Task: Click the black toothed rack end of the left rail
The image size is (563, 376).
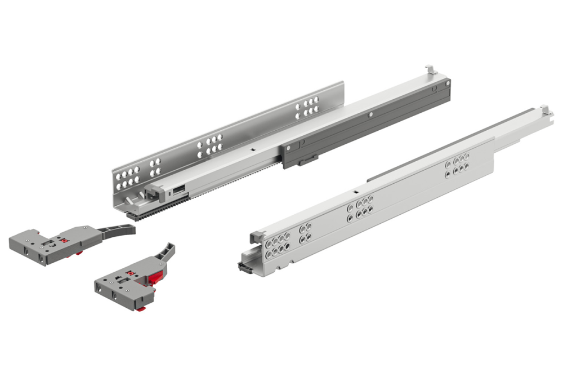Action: [x=138, y=215]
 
